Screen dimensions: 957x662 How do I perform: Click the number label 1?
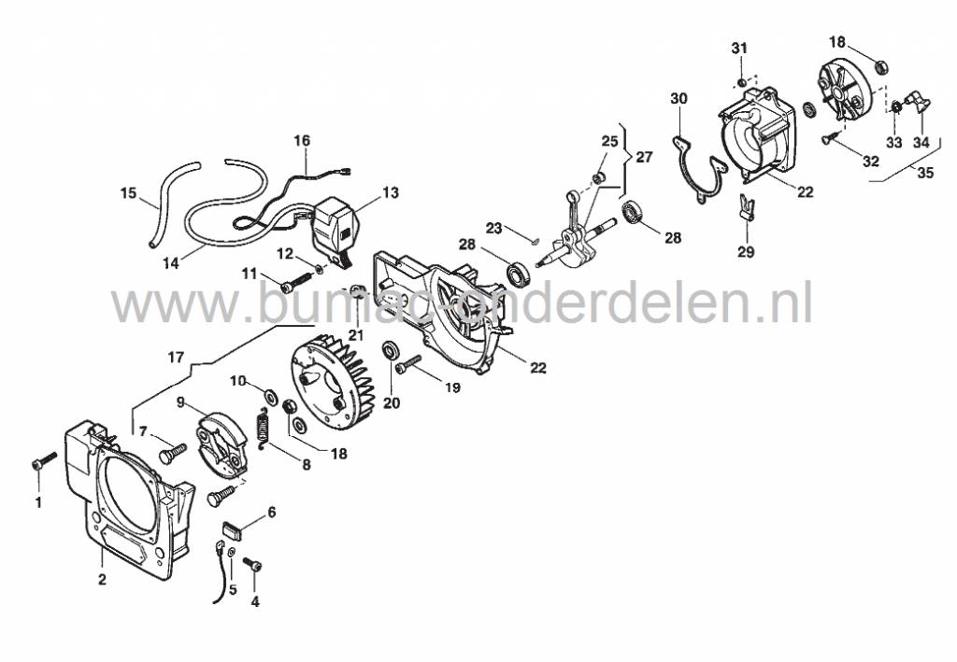pos(38,503)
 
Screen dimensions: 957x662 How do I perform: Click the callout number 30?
pos(679,99)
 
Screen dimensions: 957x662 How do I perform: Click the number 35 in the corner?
pos(925,173)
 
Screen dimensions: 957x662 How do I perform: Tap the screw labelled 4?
pos(252,564)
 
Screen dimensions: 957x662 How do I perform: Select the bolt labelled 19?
pos(409,364)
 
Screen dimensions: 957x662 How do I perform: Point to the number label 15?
pos(128,193)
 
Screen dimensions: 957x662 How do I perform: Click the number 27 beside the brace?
pos(645,157)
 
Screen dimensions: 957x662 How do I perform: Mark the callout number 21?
pos(356,334)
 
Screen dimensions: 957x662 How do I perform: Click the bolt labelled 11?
pos(296,282)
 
